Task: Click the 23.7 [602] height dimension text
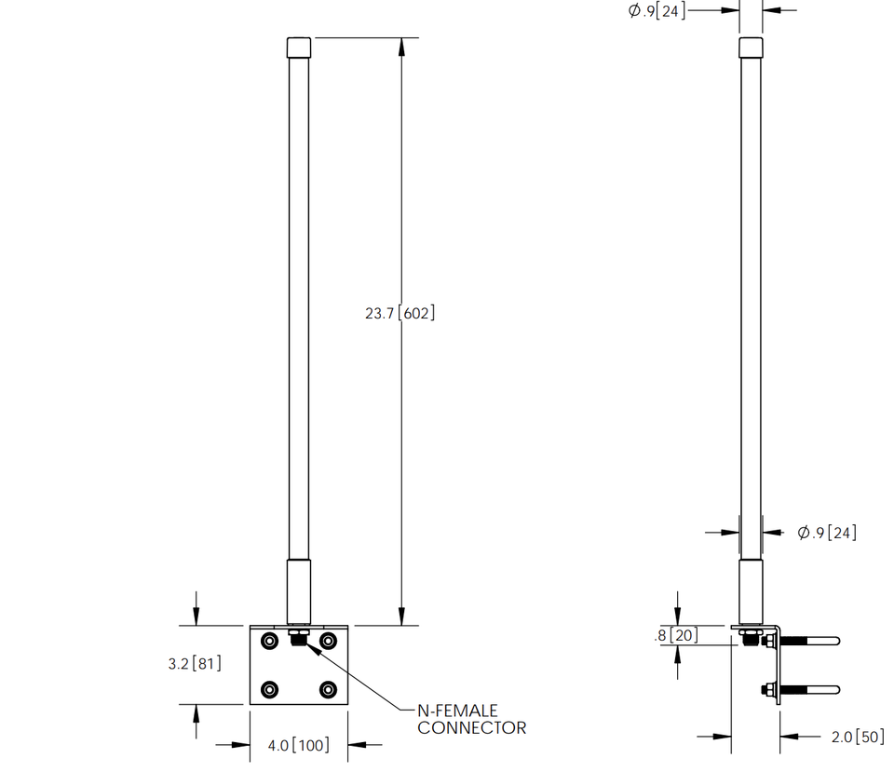click(400, 314)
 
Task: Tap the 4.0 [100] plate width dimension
click(298, 745)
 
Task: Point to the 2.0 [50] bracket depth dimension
click(857, 737)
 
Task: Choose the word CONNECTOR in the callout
click(471, 727)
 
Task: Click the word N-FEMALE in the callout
click(457, 711)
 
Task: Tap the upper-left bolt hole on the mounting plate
click(269, 641)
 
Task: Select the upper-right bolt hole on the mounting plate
click(328, 641)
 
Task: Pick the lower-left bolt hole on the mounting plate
click(269, 689)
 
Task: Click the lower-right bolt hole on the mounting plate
click(328, 689)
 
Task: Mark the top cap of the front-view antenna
click(299, 47)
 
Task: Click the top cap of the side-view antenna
click(751, 47)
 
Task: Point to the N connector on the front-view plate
click(298, 639)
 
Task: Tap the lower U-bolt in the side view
click(808, 690)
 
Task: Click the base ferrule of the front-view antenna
click(299, 590)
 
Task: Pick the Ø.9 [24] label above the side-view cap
click(657, 11)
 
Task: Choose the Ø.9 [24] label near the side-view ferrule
click(827, 533)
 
